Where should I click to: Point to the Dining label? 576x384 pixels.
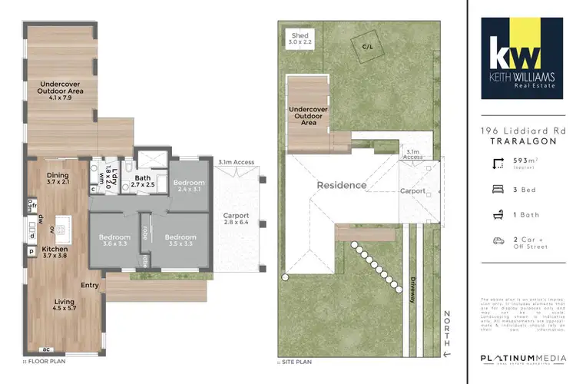(58, 178)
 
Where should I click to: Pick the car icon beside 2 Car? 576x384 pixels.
(498, 241)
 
